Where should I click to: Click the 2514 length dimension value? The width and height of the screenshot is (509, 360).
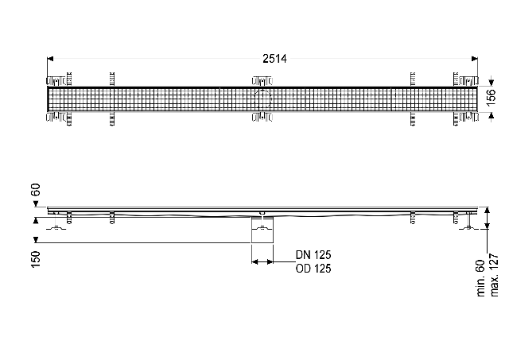point(274,59)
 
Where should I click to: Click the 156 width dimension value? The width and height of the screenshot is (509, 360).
point(492,97)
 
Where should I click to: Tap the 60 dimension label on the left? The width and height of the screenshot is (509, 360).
point(35,190)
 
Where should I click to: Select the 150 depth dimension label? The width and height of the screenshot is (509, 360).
point(35,259)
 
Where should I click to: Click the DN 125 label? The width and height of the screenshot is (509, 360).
point(313,255)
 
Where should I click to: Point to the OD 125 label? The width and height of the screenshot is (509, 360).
point(313,269)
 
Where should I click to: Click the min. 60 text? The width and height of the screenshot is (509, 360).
point(480,278)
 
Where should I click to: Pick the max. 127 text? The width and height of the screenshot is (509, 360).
point(494,275)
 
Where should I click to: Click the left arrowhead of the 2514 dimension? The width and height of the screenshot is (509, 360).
point(50,59)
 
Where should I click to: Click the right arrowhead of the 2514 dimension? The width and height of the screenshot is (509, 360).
point(475,59)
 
